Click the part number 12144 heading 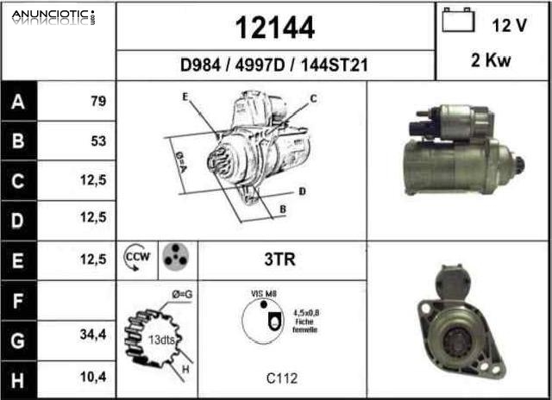point(275,28)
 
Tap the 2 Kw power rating point(491,61)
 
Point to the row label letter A point(18,102)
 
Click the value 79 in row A point(97,102)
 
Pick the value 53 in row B point(97,141)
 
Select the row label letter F point(18,299)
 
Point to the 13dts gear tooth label point(160,340)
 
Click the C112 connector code point(282,377)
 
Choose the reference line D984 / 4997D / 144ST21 point(274,66)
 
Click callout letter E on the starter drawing point(185,97)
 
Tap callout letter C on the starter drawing point(313,98)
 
